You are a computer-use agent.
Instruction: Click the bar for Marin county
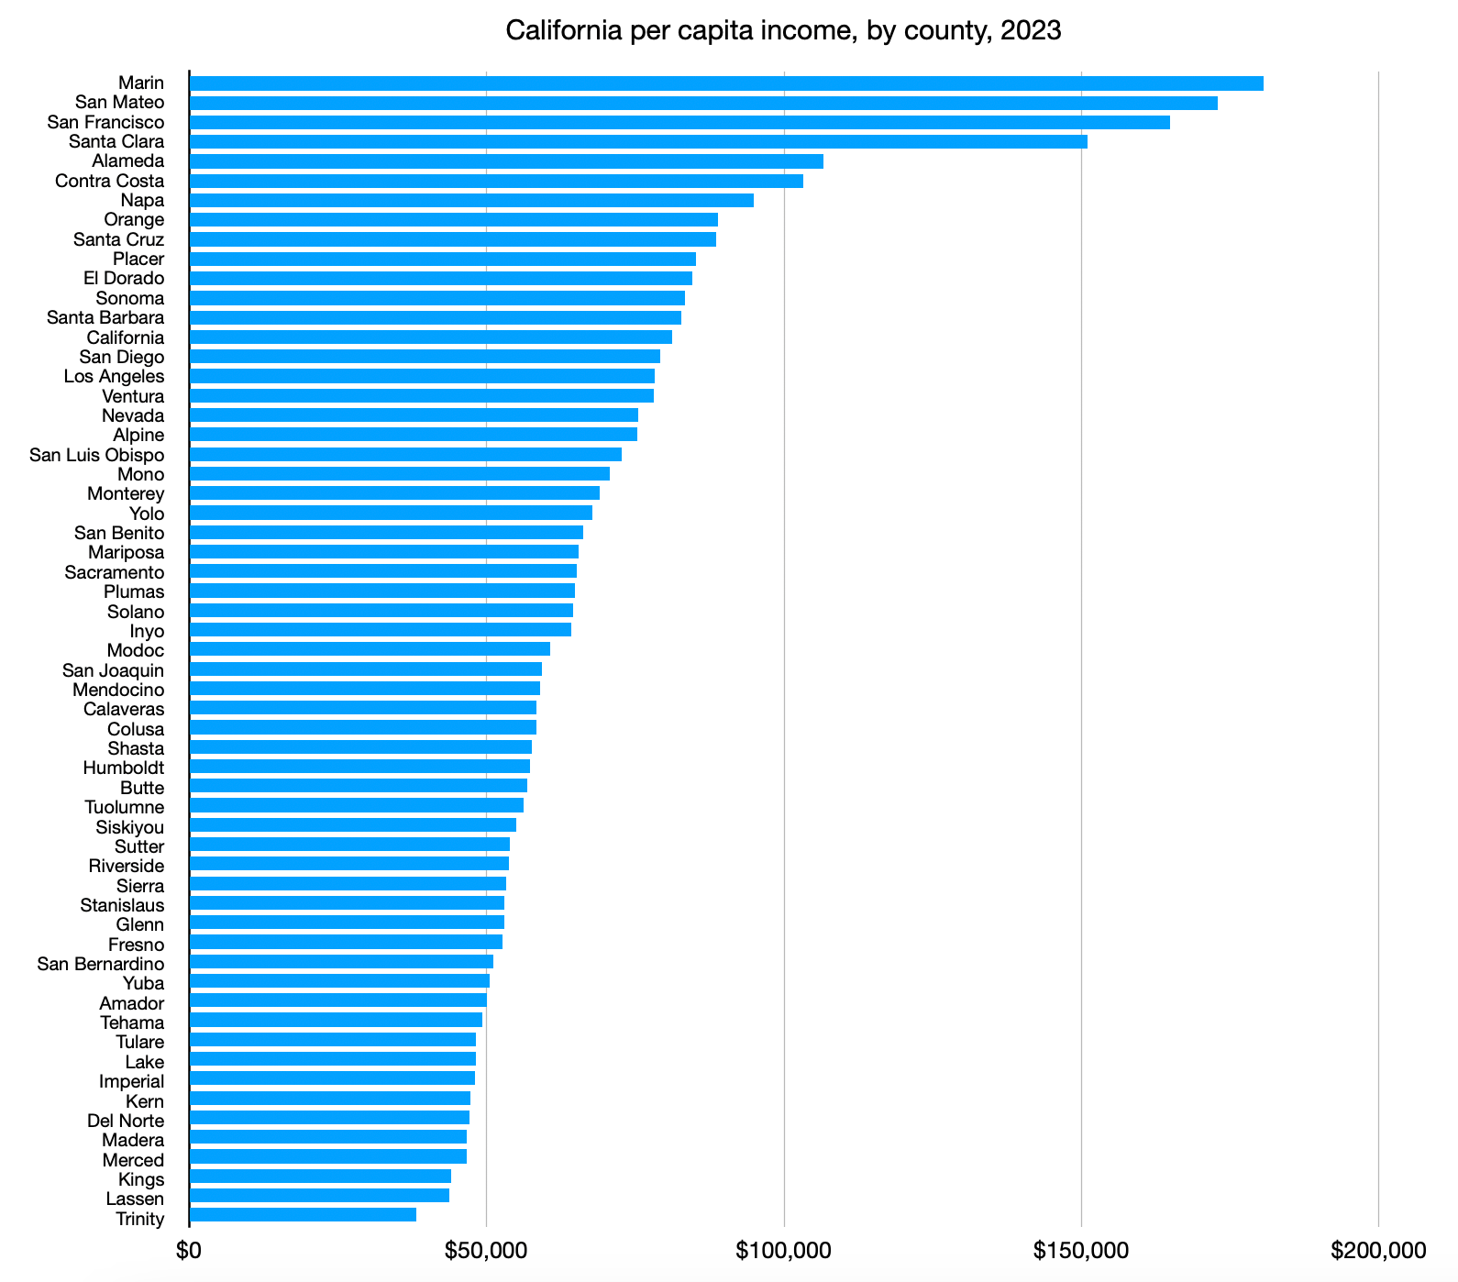tap(726, 83)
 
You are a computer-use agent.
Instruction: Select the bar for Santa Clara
tap(638, 142)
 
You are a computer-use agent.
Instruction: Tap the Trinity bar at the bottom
tap(303, 1215)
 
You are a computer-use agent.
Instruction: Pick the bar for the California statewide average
tap(431, 337)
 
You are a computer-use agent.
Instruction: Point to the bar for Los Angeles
tap(422, 377)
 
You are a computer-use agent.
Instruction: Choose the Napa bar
tap(471, 201)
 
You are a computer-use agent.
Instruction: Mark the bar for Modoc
tap(370, 650)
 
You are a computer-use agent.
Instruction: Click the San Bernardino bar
tap(341, 962)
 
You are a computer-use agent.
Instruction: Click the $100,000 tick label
tap(784, 1251)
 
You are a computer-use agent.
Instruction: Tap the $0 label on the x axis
tap(189, 1251)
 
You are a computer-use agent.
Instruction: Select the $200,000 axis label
tap(1378, 1251)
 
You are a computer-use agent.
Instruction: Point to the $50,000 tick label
tap(487, 1251)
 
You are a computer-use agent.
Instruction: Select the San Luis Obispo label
tap(97, 456)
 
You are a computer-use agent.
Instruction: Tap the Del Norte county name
tap(126, 1121)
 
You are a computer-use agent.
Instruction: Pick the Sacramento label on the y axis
tap(115, 573)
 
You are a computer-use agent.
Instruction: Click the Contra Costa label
tap(110, 182)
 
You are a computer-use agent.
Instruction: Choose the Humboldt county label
tap(124, 768)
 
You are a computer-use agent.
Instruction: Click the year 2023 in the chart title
tap(1031, 31)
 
